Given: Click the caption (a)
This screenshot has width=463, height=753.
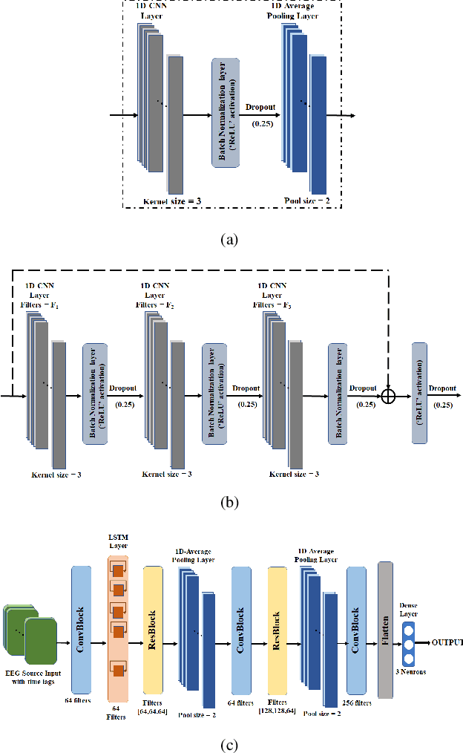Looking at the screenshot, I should tap(231, 239).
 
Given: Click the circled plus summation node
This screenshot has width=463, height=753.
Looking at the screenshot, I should tap(387, 396).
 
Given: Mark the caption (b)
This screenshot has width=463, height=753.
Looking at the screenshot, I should tap(231, 502).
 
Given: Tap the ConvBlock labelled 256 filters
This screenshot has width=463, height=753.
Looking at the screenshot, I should tap(356, 631).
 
